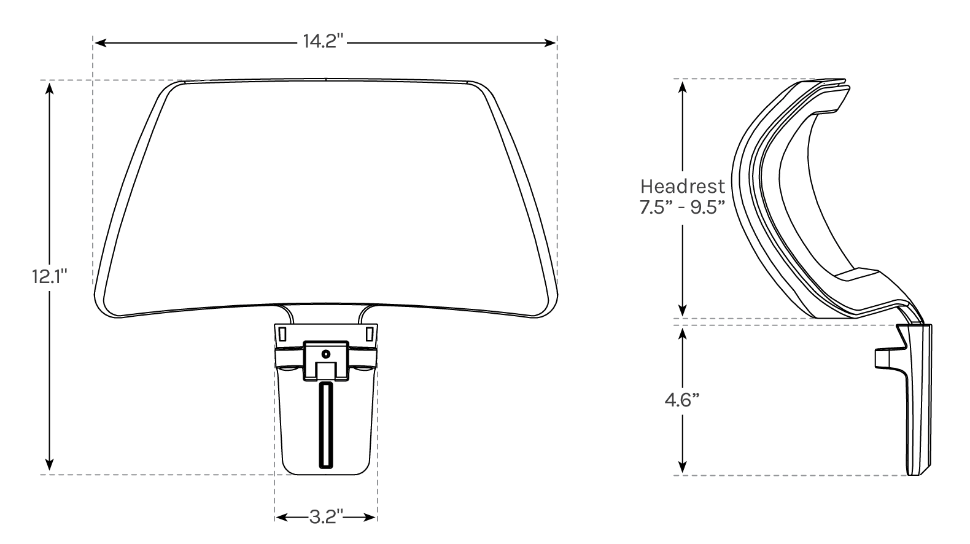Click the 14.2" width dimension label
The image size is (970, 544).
(325, 42)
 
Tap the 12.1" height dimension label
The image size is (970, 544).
(49, 277)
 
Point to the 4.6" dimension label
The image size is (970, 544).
(682, 400)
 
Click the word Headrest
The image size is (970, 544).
(683, 186)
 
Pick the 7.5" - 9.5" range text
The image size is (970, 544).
(683, 206)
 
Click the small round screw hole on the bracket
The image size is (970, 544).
(326, 354)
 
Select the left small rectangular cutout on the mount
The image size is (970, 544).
(282, 334)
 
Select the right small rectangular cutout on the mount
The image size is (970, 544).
(369, 334)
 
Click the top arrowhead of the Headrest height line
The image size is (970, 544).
(682, 86)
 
